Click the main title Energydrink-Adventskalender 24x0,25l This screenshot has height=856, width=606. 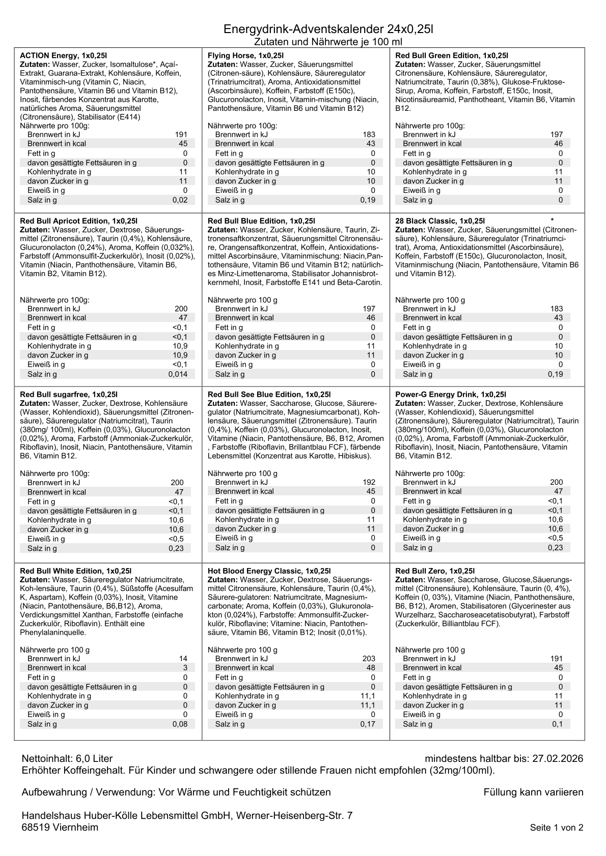328,29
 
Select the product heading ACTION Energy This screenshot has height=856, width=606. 49,55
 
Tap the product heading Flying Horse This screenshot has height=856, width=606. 232,55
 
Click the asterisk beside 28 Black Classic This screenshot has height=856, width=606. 553,221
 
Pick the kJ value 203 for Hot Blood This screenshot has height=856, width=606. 369,659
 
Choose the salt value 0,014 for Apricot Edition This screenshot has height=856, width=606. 178,374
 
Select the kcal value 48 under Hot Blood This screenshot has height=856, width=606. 371,668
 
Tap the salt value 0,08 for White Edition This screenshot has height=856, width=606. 180,724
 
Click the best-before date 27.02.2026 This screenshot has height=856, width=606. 558,759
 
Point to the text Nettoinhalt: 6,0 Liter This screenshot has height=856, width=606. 67,759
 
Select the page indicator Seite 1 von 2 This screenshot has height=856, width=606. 557,828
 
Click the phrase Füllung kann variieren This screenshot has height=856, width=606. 533,792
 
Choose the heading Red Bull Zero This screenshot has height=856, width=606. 421,571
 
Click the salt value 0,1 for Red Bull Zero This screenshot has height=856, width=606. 558,724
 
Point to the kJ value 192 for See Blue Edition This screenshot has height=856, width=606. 369,482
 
